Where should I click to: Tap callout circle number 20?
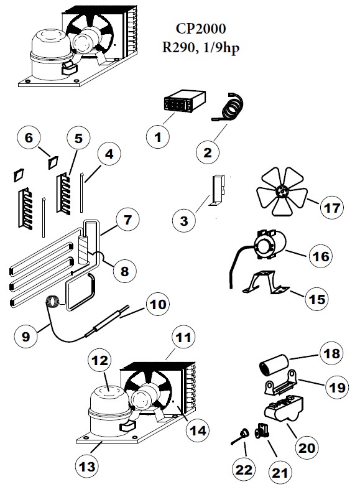308,447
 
